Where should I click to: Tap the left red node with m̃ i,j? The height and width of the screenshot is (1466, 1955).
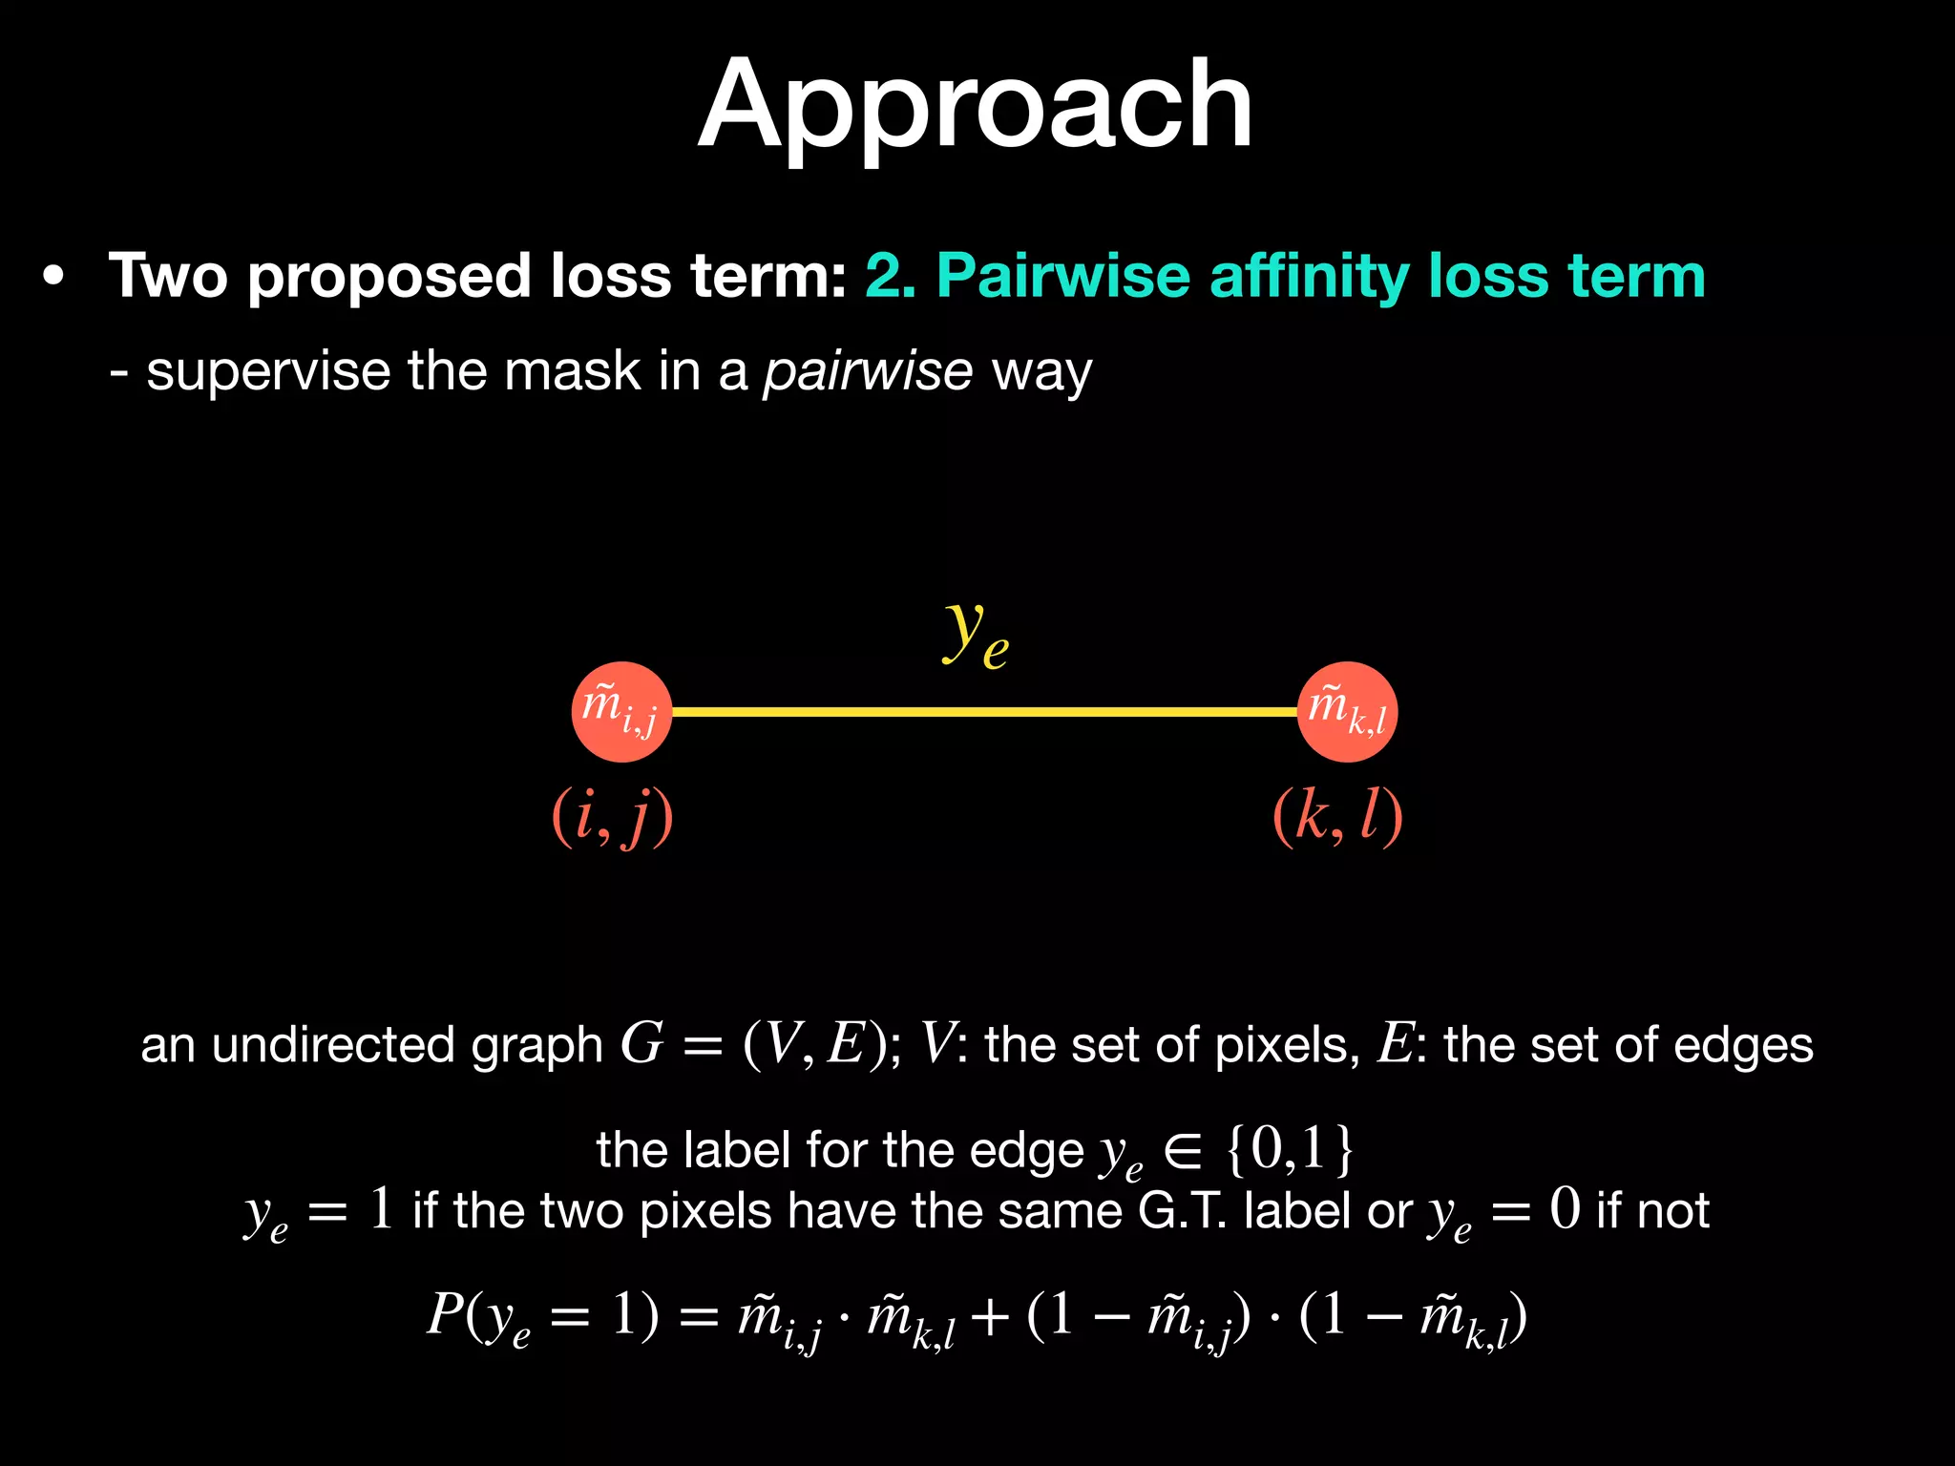[621, 712]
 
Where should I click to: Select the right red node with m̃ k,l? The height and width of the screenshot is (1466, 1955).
[1347, 712]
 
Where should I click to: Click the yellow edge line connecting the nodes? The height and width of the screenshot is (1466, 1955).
[983, 712]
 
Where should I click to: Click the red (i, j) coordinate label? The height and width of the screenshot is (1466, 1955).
[613, 817]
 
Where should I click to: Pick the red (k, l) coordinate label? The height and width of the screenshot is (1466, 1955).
[1337, 817]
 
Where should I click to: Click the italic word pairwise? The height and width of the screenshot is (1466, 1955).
[867, 371]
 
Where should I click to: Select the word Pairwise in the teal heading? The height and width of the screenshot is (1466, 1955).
[1062, 276]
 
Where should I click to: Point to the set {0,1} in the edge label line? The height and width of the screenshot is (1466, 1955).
[1290, 1149]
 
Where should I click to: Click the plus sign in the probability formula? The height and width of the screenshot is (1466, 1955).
[990, 1318]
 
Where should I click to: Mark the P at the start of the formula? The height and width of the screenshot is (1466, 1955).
[445, 1314]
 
